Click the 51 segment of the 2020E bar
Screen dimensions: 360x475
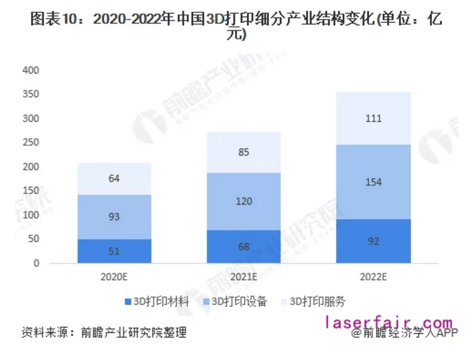tap(114, 251)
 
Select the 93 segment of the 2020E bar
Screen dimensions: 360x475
tap(114, 217)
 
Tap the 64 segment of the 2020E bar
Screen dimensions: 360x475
tap(114, 179)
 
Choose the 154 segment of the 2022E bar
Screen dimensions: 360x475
tap(374, 182)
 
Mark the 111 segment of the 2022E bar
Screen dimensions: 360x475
tap(374, 119)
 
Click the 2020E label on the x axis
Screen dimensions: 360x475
tap(114, 276)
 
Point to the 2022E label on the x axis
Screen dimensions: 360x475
tap(374, 276)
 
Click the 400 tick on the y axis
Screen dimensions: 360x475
tap(31, 70)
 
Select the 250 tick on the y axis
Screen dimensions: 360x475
tap(31, 142)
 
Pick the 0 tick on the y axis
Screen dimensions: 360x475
tap(37, 263)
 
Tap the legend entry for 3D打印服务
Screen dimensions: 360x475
tap(317, 302)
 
